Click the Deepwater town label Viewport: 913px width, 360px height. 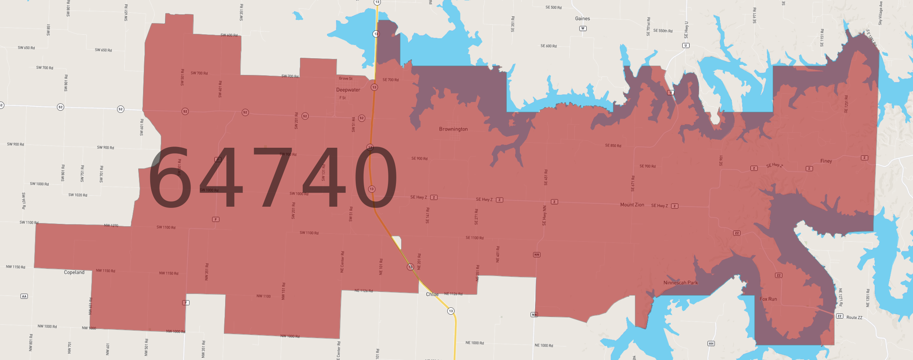coord(348,90)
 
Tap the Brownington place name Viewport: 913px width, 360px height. coord(453,129)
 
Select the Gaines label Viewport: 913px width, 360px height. coord(582,19)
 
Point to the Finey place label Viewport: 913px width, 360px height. coord(826,161)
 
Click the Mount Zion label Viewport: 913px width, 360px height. coord(632,205)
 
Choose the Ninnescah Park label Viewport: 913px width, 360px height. coord(680,283)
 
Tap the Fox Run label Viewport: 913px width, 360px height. coord(768,299)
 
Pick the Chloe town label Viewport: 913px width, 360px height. coord(432,294)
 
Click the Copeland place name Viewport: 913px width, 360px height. coord(74,272)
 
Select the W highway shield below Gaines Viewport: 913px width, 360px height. coord(583,28)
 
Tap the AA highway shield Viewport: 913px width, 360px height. coord(24,296)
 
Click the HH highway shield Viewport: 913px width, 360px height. coord(711,343)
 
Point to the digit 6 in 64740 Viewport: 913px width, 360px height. coord(169,177)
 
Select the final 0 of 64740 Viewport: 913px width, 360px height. coord(376,177)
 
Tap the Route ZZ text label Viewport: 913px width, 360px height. coord(854,317)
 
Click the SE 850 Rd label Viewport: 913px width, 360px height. coord(613,146)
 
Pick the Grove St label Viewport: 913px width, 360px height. coord(345,78)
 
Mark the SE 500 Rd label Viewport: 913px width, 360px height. coord(553,8)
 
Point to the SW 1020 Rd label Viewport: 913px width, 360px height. coord(78,195)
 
